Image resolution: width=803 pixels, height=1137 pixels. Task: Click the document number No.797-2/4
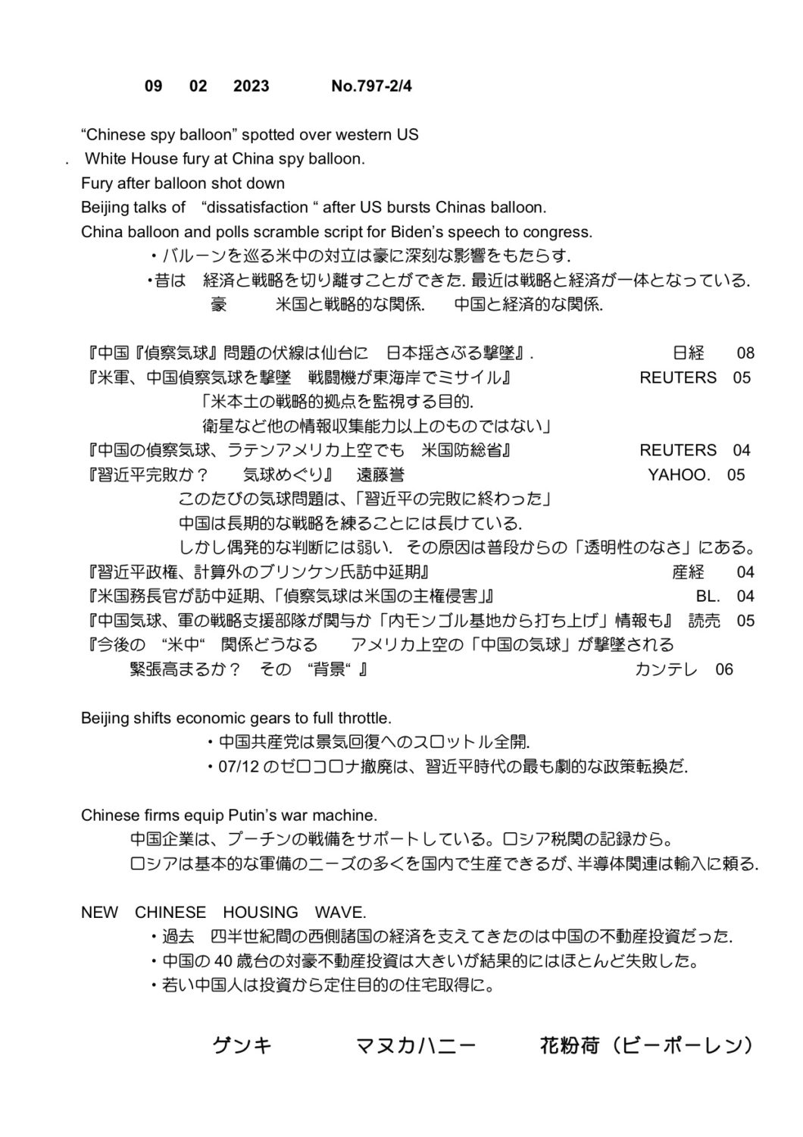click(x=371, y=86)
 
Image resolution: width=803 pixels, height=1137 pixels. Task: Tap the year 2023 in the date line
click(x=251, y=86)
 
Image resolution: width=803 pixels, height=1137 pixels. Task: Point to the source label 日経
click(x=688, y=353)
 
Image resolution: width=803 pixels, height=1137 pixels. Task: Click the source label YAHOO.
click(x=679, y=475)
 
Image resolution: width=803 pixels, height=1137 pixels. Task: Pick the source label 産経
click(x=688, y=572)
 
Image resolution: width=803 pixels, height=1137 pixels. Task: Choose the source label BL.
click(x=708, y=597)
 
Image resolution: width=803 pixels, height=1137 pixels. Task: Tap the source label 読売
click(x=704, y=621)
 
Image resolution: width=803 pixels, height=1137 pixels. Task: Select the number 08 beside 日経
click(x=745, y=353)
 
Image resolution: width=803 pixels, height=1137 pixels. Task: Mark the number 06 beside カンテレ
click(x=724, y=669)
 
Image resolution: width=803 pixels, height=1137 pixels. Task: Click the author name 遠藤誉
click(x=380, y=475)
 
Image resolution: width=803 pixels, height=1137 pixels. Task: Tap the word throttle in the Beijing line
click(x=363, y=718)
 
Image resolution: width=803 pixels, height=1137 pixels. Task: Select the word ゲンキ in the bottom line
click(x=242, y=1047)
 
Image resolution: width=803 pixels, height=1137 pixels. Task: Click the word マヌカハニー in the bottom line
click(x=416, y=1047)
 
